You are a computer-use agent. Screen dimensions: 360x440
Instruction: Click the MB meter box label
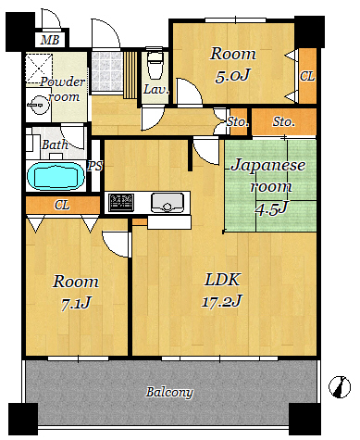[x=50, y=40]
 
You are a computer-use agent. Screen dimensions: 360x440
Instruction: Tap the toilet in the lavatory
[x=155, y=63]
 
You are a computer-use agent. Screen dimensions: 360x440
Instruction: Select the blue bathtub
[x=56, y=176]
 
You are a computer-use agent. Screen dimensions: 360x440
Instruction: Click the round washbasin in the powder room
[x=39, y=105]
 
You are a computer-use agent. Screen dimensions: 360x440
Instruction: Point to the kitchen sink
[x=168, y=202]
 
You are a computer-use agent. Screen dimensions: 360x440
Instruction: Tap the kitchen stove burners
[x=121, y=203]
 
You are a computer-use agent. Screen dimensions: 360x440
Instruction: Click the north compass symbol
[x=340, y=386]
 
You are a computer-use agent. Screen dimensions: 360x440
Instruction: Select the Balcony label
[x=169, y=392]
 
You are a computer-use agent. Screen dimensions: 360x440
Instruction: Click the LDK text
[x=222, y=280]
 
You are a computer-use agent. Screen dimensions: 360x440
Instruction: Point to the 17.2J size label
[x=222, y=300]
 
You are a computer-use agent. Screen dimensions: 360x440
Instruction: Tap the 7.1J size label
[x=76, y=303]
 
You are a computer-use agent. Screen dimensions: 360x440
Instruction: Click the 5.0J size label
[x=232, y=75]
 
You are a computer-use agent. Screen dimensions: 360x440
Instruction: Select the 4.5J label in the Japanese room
[x=271, y=208]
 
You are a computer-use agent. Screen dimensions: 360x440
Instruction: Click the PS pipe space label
[x=95, y=166]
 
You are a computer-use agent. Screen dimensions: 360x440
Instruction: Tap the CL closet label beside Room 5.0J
[x=307, y=76]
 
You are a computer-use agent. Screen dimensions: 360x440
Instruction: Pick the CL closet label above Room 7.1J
[x=62, y=205]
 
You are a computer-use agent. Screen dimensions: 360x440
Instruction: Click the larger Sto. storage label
[x=283, y=121]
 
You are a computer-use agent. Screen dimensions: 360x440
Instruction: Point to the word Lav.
[x=156, y=90]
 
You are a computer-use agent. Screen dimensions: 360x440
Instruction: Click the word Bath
[x=55, y=145]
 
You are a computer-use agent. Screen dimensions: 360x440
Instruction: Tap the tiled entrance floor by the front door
[x=106, y=71]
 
